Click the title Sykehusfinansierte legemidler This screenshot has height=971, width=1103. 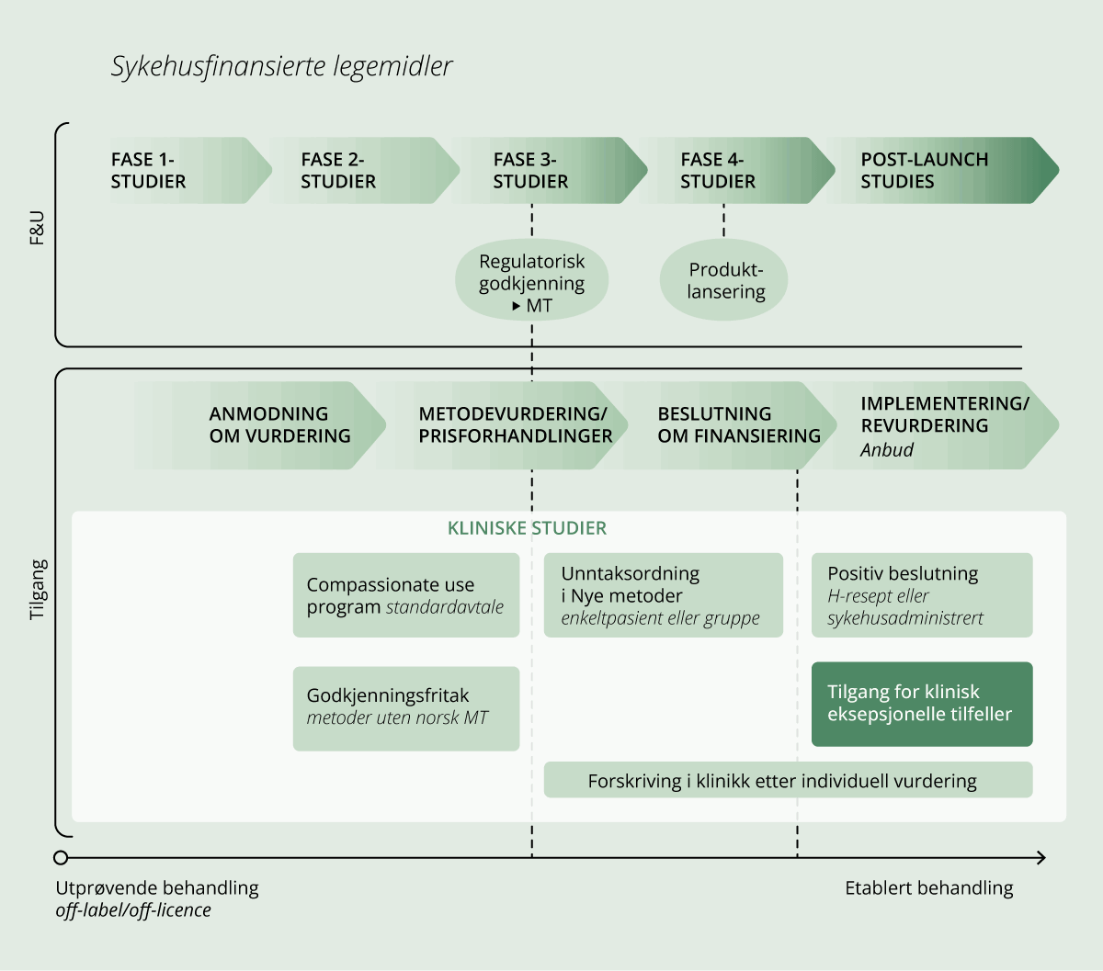pyautogui.click(x=281, y=67)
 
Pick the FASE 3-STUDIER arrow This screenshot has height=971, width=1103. pyautogui.click(x=551, y=170)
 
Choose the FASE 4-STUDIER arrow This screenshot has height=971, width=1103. pyautogui.click(x=735, y=170)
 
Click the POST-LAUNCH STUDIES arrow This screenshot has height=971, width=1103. pyautogui.click(x=938, y=170)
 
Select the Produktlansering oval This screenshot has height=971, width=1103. pyautogui.click(x=725, y=281)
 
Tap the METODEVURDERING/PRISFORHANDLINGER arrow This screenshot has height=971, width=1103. pyautogui.click(x=515, y=424)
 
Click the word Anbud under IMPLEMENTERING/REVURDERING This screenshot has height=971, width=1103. pyautogui.click(x=887, y=450)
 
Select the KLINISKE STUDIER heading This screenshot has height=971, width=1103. pyautogui.click(x=527, y=528)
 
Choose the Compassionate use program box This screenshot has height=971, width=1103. pyautogui.click(x=405, y=595)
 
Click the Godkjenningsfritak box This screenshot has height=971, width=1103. pyautogui.click(x=405, y=707)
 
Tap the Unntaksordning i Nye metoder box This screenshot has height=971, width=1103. pyautogui.click(x=663, y=595)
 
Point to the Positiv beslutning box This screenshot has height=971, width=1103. pyautogui.click(x=921, y=595)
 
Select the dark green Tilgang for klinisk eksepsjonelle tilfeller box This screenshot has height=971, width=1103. pyautogui.click(x=921, y=704)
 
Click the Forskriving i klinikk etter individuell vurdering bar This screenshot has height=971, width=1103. pyautogui.click(x=788, y=781)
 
